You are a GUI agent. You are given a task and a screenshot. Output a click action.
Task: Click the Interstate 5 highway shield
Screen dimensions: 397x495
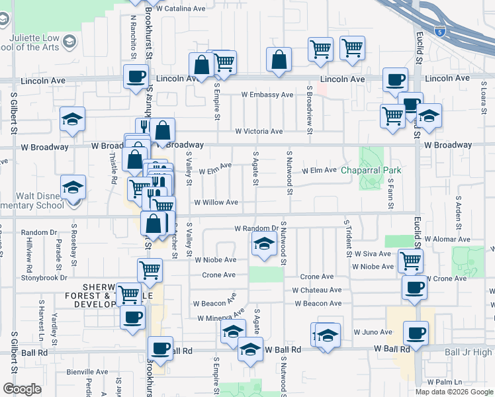pos(441,30)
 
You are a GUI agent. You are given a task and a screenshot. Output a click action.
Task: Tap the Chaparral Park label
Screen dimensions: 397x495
pos(371,170)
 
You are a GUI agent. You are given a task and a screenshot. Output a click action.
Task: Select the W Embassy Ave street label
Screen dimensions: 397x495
pos(267,95)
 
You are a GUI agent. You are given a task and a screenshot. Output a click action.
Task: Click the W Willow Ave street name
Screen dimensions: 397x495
pos(216,202)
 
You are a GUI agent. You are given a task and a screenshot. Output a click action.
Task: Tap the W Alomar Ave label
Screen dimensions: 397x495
pos(446,239)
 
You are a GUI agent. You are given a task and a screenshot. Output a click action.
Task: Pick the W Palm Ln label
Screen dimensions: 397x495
pos(444,382)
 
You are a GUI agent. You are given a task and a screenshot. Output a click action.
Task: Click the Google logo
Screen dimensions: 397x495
pos(22,388)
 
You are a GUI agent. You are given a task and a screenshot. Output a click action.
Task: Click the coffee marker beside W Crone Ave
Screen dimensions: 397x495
pos(414,287)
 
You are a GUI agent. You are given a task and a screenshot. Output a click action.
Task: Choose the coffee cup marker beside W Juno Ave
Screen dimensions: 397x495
pos(416,332)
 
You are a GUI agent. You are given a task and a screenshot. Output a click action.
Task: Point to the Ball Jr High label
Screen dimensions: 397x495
pos(469,353)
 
